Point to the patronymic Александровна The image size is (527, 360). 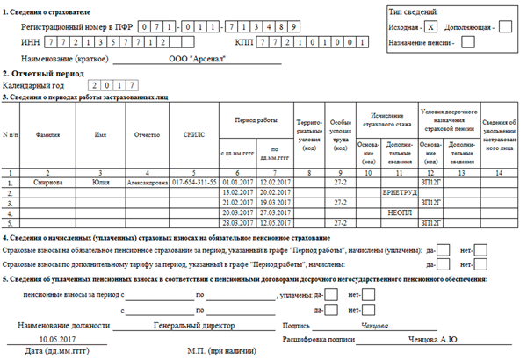click(150, 183)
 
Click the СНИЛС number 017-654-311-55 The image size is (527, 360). click(196, 183)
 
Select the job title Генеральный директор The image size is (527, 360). click(186, 324)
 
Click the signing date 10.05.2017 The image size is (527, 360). click(59, 338)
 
